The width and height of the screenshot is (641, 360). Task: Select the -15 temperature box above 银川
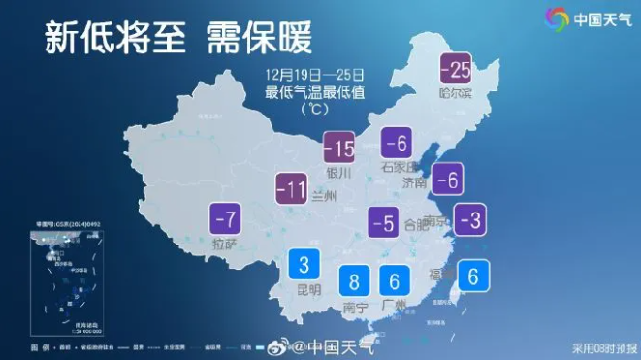[338, 148]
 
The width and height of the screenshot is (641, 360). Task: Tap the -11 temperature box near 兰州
[293, 188]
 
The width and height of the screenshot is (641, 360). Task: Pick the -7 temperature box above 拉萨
[225, 217]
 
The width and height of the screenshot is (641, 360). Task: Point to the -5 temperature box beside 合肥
[384, 224]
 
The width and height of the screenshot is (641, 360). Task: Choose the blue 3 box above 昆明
[304, 264]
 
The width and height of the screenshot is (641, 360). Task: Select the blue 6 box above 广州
[394, 281]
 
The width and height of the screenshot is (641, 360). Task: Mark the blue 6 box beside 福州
[472, 277]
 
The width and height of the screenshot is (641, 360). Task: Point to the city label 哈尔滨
[455, 93]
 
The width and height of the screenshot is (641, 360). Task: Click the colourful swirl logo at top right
[557, 19]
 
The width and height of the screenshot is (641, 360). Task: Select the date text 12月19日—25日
[319, 74]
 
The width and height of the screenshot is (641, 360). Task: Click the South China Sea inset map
[66, 278]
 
